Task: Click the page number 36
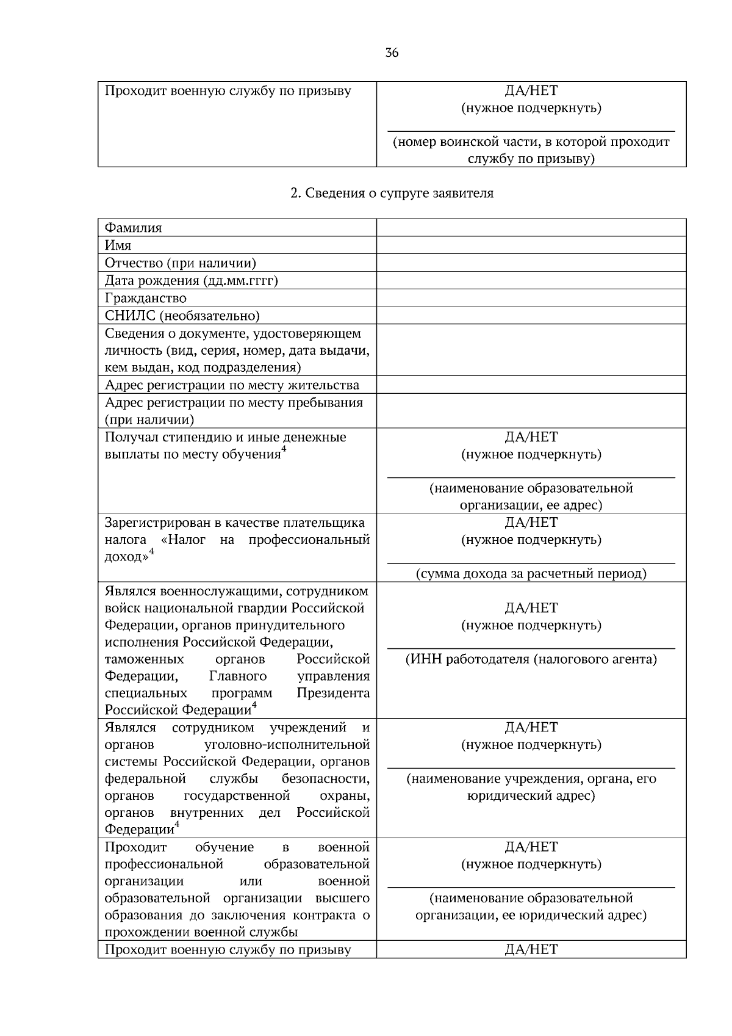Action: coord(392,53)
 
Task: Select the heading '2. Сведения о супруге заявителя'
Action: coord(392,194)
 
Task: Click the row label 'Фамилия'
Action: coord(133,228)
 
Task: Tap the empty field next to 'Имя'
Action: coord(531,245)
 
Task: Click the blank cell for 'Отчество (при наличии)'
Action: coord(531,263)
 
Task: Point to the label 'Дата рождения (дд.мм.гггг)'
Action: coord(191,281)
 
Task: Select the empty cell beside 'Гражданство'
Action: coord(531,299)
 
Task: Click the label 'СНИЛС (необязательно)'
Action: coord(182,316)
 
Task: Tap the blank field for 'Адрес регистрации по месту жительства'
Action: coord(531,385)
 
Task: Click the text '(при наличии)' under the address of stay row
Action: coord(149,420)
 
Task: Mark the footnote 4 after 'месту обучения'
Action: coord(284,451)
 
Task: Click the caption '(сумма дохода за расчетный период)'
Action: coord(531,574)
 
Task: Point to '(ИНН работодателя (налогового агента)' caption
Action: coord(531,659)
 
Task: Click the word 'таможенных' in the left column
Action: coord(144,659)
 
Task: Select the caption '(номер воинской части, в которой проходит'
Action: coord(531,142)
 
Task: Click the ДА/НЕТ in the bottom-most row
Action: coord(531,949)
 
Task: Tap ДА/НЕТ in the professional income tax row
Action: coord(531,523)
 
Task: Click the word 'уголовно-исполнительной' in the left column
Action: coord(287,745)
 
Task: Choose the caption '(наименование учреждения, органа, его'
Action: coord(531,779)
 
